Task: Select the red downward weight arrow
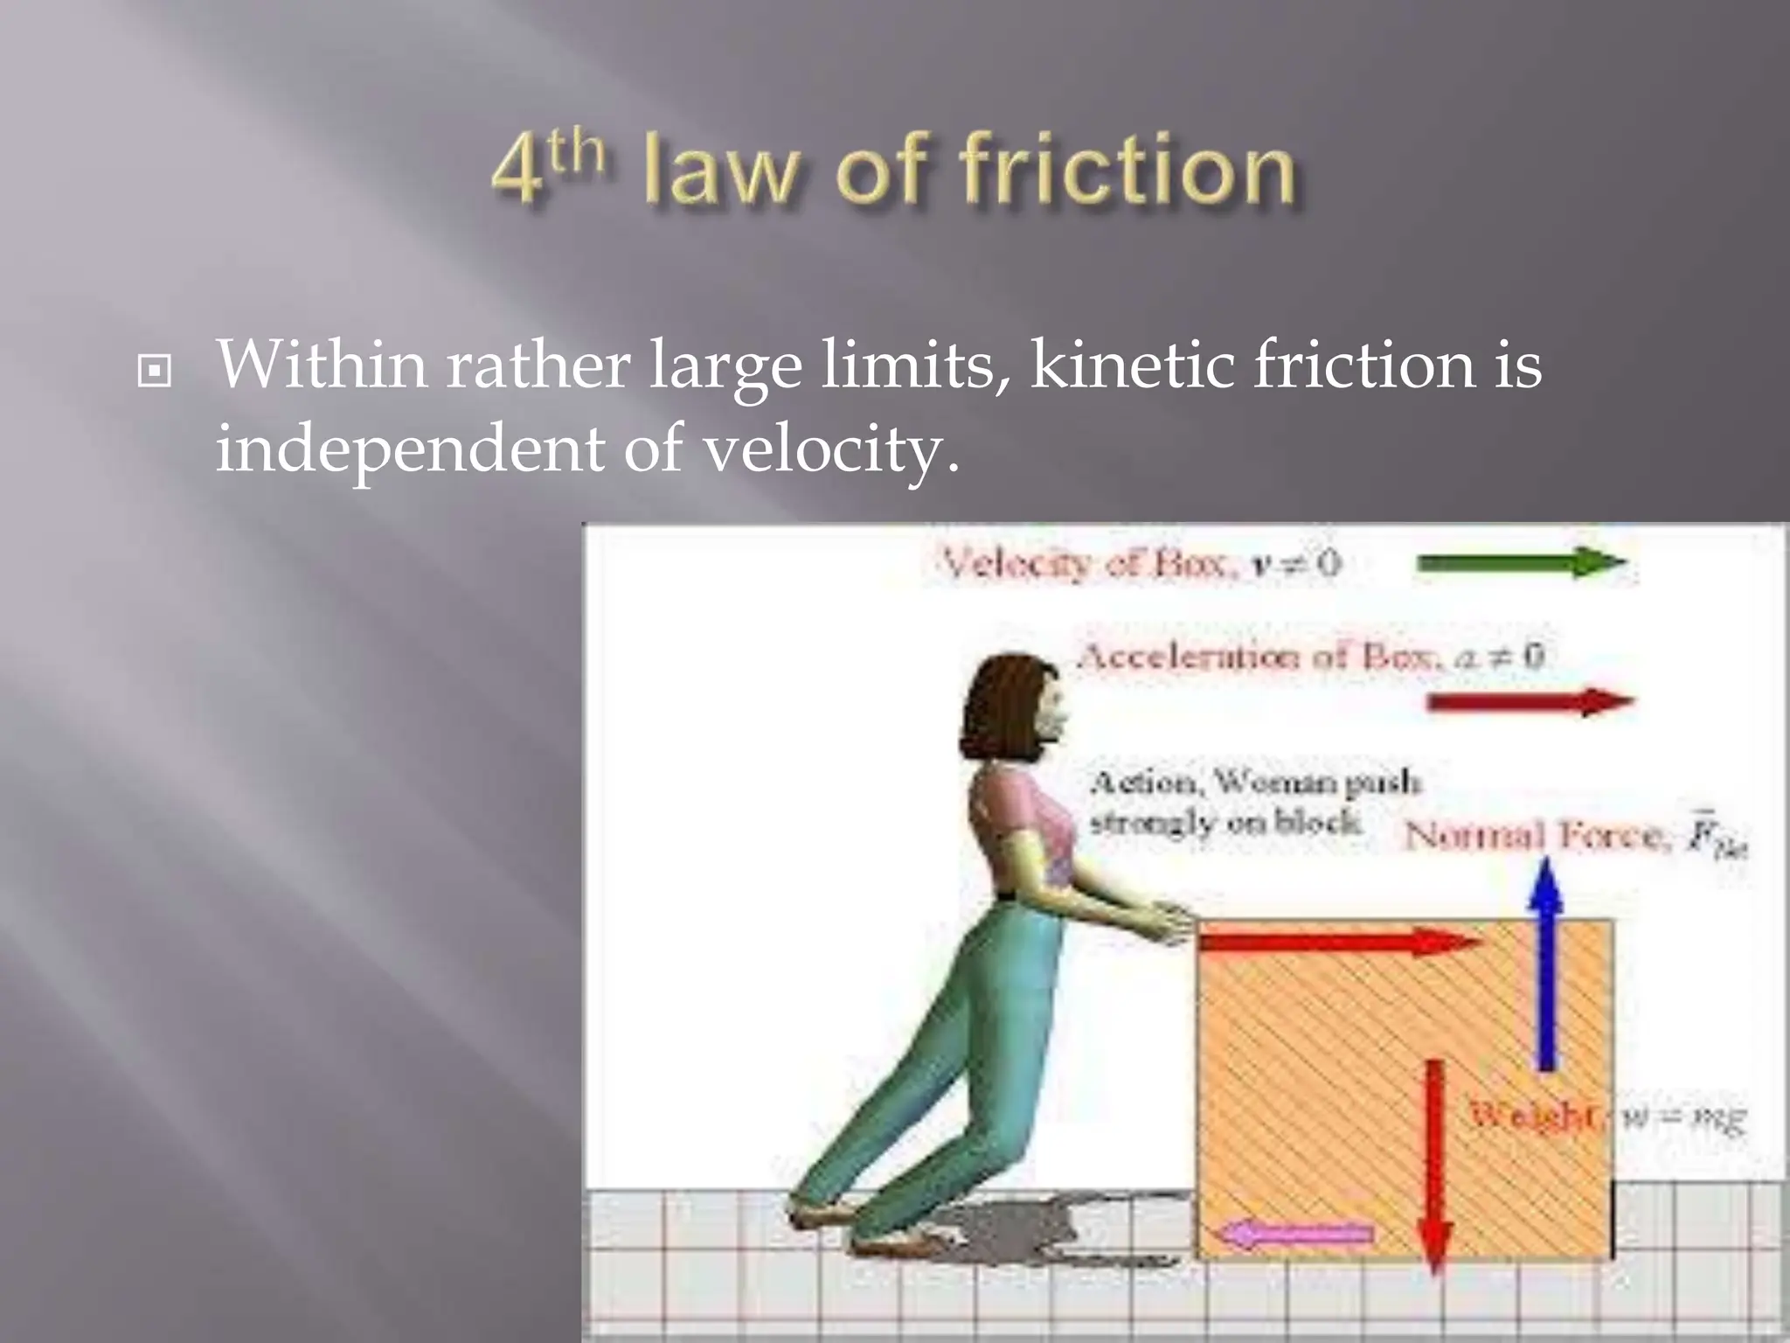(x=1434, y=1163)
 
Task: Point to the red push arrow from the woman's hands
(x=1337, y=943)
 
